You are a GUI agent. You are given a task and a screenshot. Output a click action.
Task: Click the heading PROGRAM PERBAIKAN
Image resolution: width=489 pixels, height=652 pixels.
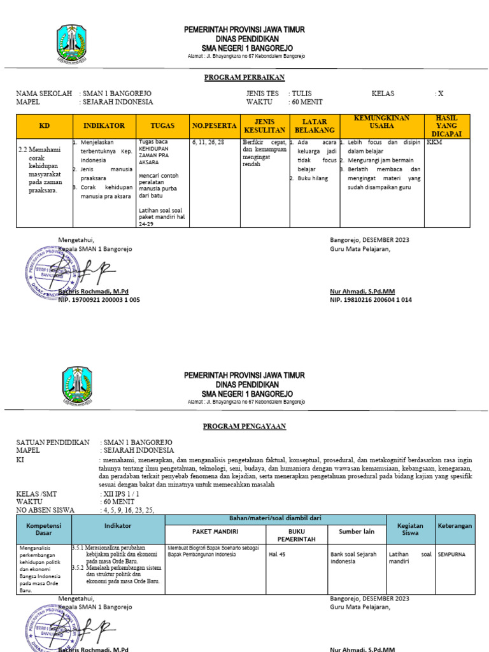[x=244, y=78]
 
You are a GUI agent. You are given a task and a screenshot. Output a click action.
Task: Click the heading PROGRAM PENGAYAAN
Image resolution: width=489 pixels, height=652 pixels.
[x=244, y=426]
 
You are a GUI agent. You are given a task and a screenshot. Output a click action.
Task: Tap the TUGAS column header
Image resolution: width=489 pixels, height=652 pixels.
[x=162, y=126]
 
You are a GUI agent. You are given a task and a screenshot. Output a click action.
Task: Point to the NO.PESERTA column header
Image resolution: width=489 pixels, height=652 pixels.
[x=215, y=126]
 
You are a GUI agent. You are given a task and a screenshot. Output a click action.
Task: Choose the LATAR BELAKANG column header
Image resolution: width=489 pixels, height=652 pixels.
[x=314, y=126]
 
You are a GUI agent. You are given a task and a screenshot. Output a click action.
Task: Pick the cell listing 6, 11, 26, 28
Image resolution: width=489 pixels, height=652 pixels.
[x=208, y=143]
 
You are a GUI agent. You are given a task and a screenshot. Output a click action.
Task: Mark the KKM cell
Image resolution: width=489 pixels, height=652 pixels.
[x=434, y=143]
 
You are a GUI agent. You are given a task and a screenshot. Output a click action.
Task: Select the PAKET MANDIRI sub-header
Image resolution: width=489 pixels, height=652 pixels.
[x=215, y=531]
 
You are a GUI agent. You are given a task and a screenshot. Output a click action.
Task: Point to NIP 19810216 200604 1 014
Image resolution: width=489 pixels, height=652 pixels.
[x=371, y=300]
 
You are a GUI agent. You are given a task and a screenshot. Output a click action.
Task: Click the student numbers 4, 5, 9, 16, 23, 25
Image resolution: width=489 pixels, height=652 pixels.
[x=127, y=509]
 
